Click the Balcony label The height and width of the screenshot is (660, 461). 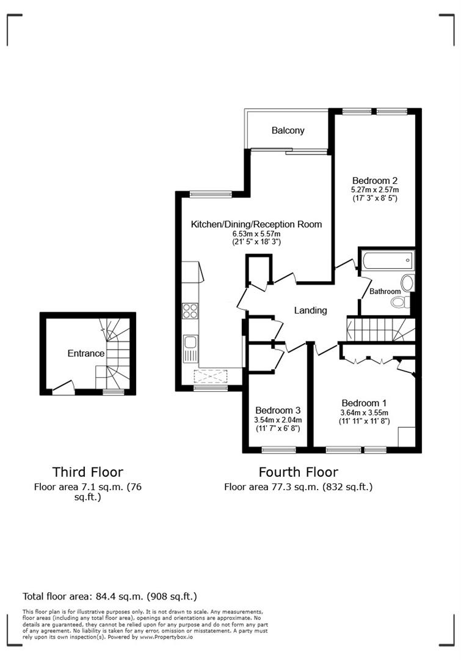(288, 131)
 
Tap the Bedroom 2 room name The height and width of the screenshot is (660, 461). (375, 180)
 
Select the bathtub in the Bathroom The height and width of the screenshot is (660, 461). (387, 261)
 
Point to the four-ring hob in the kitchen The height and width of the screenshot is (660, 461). (190, 310)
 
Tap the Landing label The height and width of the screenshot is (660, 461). (310, 310)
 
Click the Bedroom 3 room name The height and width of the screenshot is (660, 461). (278, 410)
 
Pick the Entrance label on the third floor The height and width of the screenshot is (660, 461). (85, 353)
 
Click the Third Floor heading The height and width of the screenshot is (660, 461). (87, 472)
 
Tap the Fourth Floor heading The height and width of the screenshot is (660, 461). (298, 472)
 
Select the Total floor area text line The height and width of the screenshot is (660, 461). (110, 596)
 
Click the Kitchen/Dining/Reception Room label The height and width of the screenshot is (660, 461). (256, 224)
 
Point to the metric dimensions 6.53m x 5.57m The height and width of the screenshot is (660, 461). (256, 234)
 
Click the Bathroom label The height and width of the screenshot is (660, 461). (385, 291)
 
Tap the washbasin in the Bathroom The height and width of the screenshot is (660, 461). (408, 282)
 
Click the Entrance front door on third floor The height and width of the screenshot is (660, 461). (63, 386)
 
